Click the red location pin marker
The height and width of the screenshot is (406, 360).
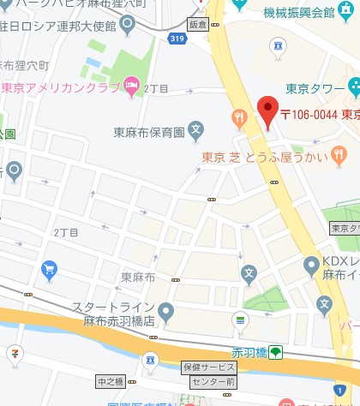click(x=268, y=110)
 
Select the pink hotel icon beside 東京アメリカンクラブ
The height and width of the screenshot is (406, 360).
click(x=130, y=85)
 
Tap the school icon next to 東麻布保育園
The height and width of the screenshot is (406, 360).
click(x=196, y=132)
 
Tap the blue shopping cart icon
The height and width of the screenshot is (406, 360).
click(x=49, y=272)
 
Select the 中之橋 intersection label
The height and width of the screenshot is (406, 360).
click(x=111, y=381)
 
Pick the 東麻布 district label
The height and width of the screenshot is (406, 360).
click(x=136, y=277)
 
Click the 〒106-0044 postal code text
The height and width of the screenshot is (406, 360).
click(x=308, y=114)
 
